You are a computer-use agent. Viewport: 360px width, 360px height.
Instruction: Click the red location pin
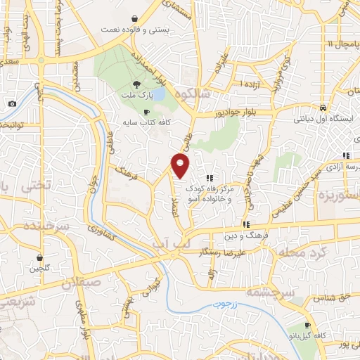point(181,166)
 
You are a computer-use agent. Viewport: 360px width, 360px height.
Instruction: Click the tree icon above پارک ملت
point(146,84)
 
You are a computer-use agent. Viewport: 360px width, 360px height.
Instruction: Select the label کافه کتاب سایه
point(146,122)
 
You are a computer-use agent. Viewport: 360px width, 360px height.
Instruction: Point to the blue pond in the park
point(160,93)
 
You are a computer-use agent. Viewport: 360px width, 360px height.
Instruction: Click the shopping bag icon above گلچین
point(40,257)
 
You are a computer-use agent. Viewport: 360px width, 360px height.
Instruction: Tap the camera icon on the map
point(12,104)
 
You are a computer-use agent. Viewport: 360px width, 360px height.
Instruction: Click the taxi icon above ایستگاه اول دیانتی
point(322,108)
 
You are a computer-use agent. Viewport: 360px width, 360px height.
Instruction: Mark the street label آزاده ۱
point(250,84)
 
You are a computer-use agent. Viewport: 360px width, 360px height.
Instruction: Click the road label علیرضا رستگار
point(240,251)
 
